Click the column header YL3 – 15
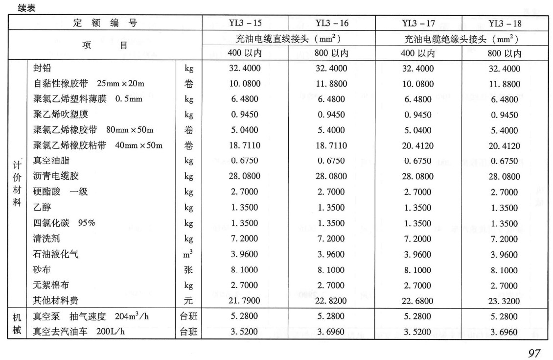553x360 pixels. click(x=245, y=23)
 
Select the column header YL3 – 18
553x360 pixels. click(x=505, y=23)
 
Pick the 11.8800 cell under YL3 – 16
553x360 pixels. click(x=331, y=84)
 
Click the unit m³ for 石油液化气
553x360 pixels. click(x=189, y=254)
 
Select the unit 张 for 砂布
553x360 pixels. click(x=189, y=270)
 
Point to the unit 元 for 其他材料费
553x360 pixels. click(x=189, y=301)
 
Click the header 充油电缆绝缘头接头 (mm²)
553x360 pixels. click(x=461, y=38)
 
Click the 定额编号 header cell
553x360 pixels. click(x=105, y=23)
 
